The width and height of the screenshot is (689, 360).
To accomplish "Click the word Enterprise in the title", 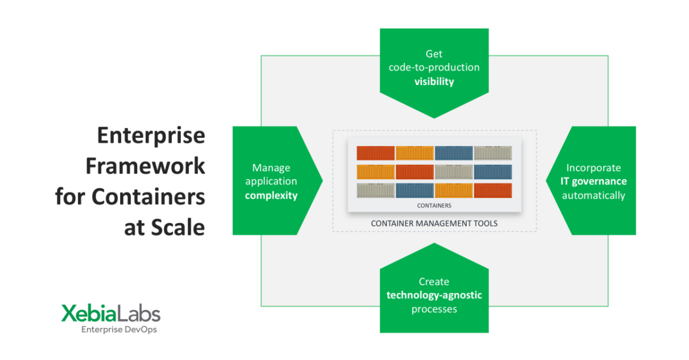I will point(151,136).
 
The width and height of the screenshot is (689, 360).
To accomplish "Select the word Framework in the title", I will point(145,166).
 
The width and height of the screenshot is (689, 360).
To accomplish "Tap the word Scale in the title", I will point(178,227).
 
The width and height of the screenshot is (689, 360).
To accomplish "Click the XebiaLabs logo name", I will point(111,313).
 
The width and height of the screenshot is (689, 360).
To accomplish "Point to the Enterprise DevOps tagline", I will point(119,330).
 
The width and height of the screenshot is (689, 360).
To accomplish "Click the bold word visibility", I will point(434,82).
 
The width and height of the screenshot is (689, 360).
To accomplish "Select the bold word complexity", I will point(271,195).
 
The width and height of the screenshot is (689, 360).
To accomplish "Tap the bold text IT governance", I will point(594,181).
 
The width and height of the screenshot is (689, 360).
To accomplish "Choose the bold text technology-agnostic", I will point(434,295).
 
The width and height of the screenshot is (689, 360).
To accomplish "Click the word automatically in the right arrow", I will point(594,195).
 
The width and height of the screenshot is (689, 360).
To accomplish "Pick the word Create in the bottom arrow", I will point(434,281).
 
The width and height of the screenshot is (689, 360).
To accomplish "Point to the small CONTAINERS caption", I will point(434,205).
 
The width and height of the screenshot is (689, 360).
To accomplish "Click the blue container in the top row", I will point(454,153).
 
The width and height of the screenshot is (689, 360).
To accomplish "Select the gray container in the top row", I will point(493,153).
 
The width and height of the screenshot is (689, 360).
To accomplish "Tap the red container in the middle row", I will point(415,172).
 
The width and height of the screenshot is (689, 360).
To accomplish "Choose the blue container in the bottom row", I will point(415,191).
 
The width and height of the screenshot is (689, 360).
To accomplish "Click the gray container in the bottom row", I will point(376,191).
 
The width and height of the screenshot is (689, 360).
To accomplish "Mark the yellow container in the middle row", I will point(376,172).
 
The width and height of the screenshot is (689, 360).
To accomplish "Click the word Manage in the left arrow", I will point(271,168).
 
